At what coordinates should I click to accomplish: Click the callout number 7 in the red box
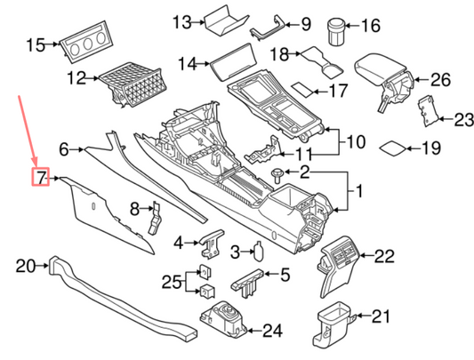point(38,178)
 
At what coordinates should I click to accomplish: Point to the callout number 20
point(25,264)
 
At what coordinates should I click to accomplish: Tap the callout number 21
point(380,315)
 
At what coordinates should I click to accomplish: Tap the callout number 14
point(186,64)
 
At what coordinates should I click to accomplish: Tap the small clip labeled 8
point(155,216)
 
